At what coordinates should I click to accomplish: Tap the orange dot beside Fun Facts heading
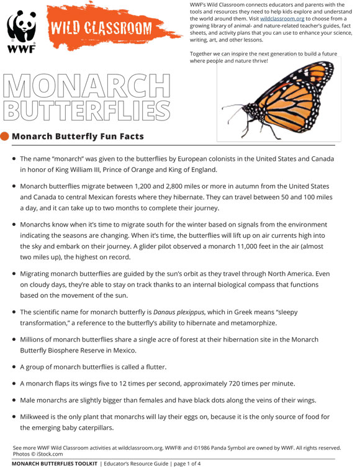(x=5, y=137)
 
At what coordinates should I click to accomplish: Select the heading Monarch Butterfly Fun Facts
(x=78, y=137)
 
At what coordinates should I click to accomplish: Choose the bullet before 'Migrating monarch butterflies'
(x=14, y=273)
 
